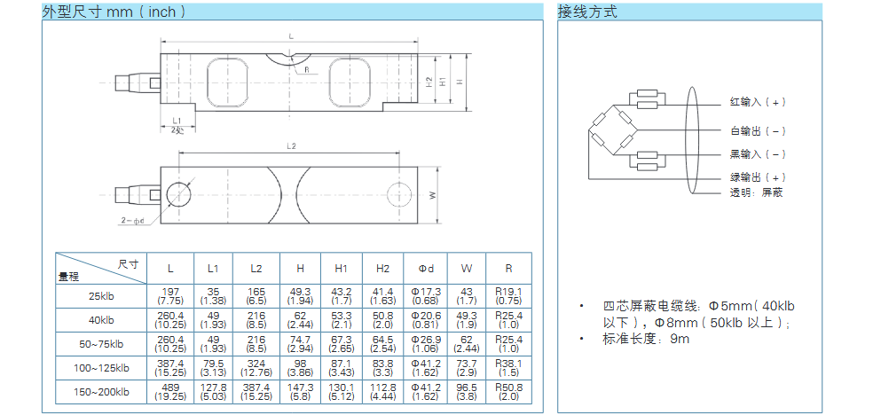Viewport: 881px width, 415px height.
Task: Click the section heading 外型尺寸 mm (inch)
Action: click(x=114, y=12)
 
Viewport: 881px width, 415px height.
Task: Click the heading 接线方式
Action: click(x=586, y=12)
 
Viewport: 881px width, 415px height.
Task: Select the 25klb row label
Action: click(x=101, y=295)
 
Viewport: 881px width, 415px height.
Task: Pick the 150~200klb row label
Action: click(x=101, y=391)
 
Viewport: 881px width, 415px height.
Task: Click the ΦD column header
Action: click(x=424, y=268)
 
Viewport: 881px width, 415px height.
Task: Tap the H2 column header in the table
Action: click(x=382, y=268)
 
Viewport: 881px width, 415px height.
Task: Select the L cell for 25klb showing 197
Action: click(x=170, y=295)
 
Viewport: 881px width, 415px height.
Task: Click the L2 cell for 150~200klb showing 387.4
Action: click(x=256, y=391)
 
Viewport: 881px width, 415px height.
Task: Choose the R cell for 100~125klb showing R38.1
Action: click(x=508, y=367)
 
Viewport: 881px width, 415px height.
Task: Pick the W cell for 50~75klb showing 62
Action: click(x=467, y=343)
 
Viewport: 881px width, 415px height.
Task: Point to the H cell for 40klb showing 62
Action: click(x=300, y=319)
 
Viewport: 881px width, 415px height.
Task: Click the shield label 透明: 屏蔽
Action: click(x=756, y=192)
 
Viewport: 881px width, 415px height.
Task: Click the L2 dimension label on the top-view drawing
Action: click(x=292, y=145)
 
